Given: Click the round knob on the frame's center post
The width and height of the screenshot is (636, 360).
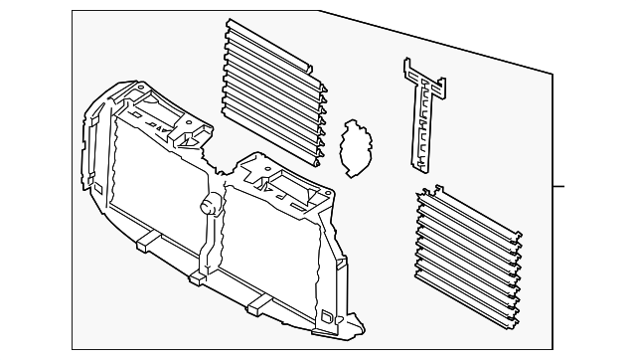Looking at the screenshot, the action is coord(211,205).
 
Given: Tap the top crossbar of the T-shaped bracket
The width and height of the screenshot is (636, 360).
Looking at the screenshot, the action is coord(421,74).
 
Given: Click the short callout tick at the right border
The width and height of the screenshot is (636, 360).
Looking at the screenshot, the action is coord(558,186).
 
